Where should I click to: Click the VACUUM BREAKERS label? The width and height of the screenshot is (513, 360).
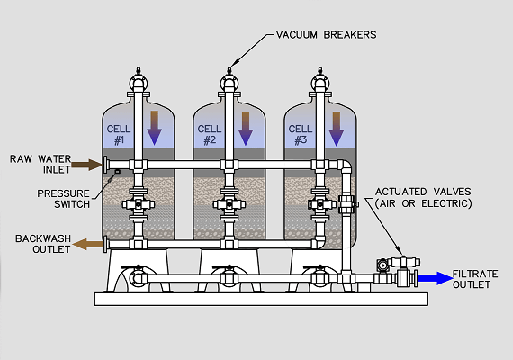tap(326, 35)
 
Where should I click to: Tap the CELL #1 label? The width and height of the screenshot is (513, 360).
tap(119, 134)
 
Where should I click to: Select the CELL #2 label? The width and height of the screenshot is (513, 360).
tap(210, 134)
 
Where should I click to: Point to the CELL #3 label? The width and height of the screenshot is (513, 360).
tap(301, 134)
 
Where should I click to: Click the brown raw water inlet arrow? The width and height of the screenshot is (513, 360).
tap(86, 165)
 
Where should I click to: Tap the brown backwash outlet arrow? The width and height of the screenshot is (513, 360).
tap(87, 244)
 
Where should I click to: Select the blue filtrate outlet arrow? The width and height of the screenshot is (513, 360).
tap(435, 278)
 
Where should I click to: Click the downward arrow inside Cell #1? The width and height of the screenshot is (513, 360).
tap(155, 128)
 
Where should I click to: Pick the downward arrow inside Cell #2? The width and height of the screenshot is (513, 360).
tap(246, 129)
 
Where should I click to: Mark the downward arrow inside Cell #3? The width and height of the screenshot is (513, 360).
tap(337, 129)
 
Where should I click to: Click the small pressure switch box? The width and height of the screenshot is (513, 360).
tap(118, 172)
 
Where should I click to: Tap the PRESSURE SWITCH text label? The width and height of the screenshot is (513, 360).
tap(64, 199)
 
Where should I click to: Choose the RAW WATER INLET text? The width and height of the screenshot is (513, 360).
tap(40, 165)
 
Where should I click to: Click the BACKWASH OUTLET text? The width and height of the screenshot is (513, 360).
tap(43, 244)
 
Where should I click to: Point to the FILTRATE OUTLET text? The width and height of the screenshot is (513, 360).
tap(475, 279)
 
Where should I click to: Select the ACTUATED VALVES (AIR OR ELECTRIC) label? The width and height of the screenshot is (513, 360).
tap(423, 198)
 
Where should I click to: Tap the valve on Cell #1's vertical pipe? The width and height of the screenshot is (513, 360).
tap(139, 204)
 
